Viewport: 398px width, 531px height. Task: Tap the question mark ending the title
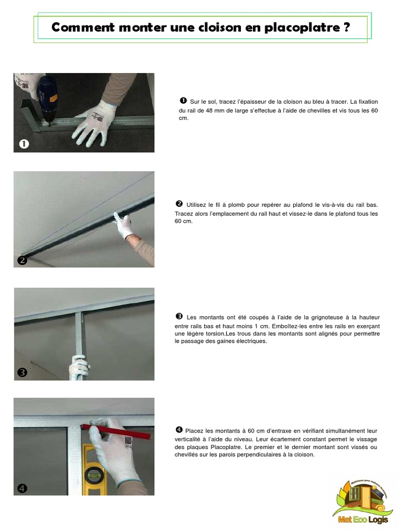346,28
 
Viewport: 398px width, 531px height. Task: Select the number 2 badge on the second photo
22,260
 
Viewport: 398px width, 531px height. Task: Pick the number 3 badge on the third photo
22,372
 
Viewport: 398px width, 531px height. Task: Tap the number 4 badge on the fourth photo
22,488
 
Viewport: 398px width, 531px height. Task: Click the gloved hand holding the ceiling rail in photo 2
125,226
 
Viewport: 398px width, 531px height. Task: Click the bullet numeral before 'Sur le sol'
183,100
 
